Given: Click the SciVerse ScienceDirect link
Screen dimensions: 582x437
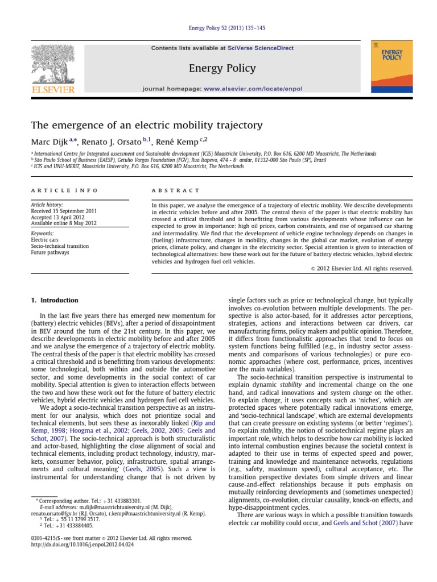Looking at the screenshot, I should [x=261, y=48].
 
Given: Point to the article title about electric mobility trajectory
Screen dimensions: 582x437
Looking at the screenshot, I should [x=147, y=124].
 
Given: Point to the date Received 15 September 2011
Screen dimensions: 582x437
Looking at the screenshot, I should [x=64, y=211].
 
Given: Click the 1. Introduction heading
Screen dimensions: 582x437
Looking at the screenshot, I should [x=55, y=300].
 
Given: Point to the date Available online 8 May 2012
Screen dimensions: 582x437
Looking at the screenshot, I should [x=64, y=223].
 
